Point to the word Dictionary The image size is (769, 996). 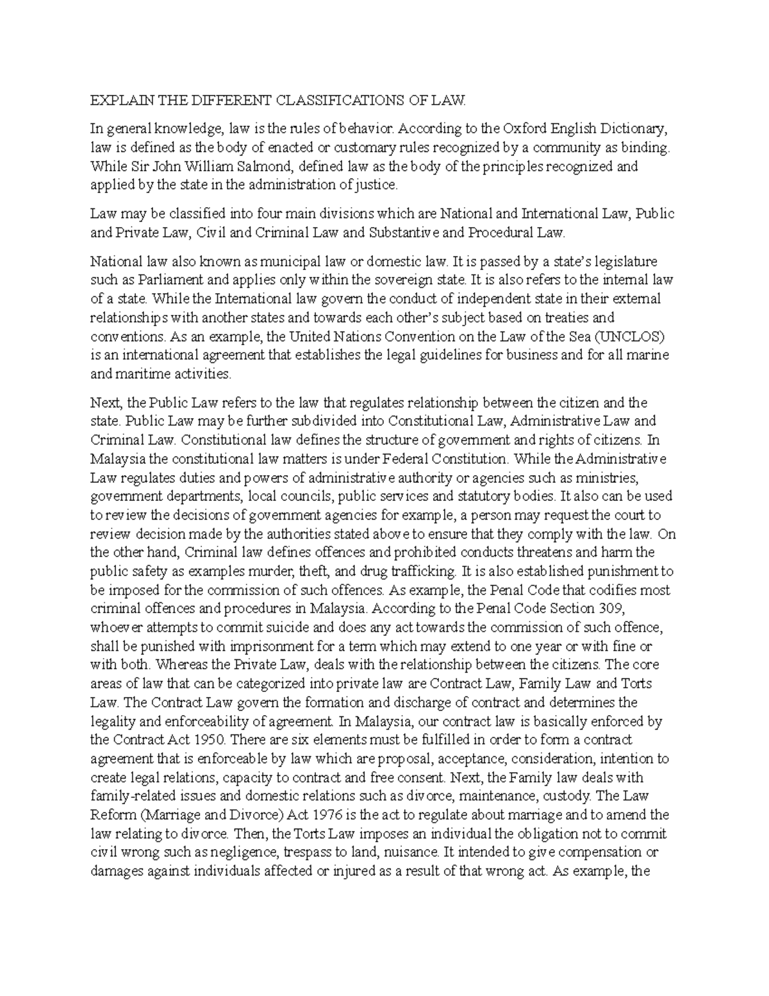(639, 129)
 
